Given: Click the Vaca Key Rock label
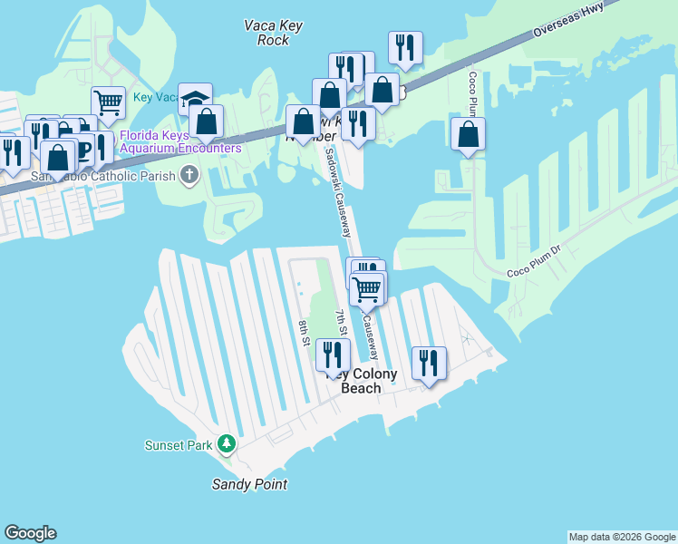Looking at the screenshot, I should (x=266, y=33).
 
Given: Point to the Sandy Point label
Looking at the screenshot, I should (x=249, y=484).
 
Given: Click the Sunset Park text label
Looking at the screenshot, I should (x=179, y=445).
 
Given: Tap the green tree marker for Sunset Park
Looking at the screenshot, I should (x=227, y=444).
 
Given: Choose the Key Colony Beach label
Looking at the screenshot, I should (x=367, y=381).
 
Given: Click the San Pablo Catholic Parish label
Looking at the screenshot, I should (x=102, y=175).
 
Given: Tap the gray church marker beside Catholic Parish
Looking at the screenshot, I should (x=189, y=174).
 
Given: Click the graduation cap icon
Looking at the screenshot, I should (x=195, y=97).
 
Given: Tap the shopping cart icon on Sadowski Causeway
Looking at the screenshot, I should (x=367, y=289).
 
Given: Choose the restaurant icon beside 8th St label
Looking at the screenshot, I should (x=332, y=354).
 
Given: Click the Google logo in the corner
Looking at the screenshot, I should (x=30, y=533).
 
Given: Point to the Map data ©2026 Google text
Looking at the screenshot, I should (x=623, y=537).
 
